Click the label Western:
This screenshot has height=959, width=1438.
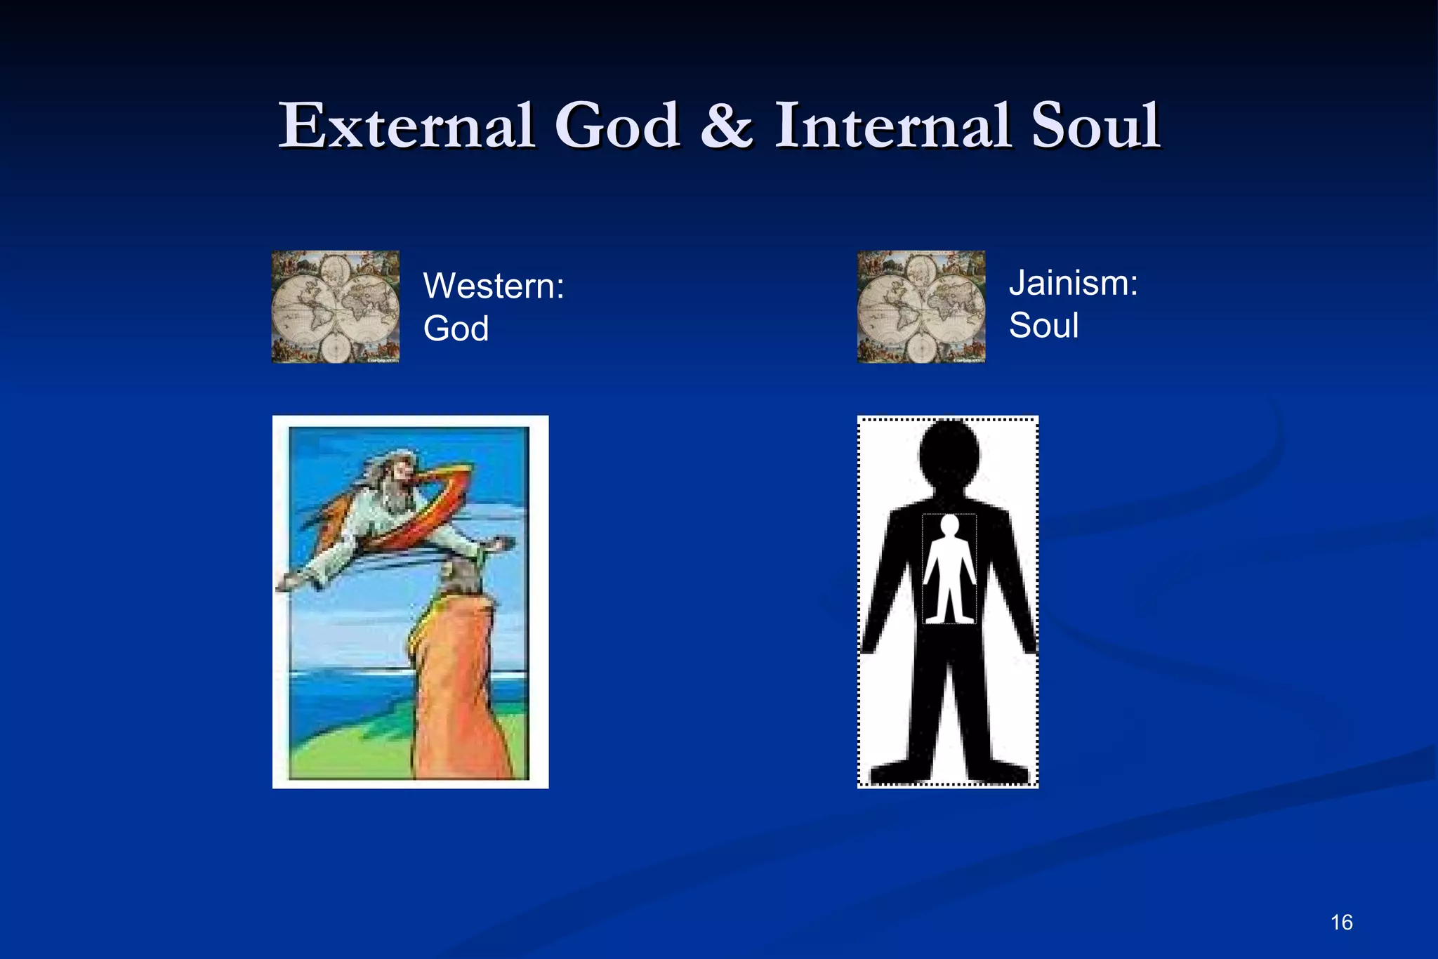494,286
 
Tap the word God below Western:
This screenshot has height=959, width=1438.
456,329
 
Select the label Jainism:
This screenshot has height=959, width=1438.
1073,283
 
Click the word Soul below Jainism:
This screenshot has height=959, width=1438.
1043,326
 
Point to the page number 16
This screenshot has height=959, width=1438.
1341,922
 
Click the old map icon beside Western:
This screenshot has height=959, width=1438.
336,307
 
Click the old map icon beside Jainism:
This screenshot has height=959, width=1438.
921,307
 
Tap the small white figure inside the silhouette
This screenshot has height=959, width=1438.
949,576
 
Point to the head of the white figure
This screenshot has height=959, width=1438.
949,524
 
